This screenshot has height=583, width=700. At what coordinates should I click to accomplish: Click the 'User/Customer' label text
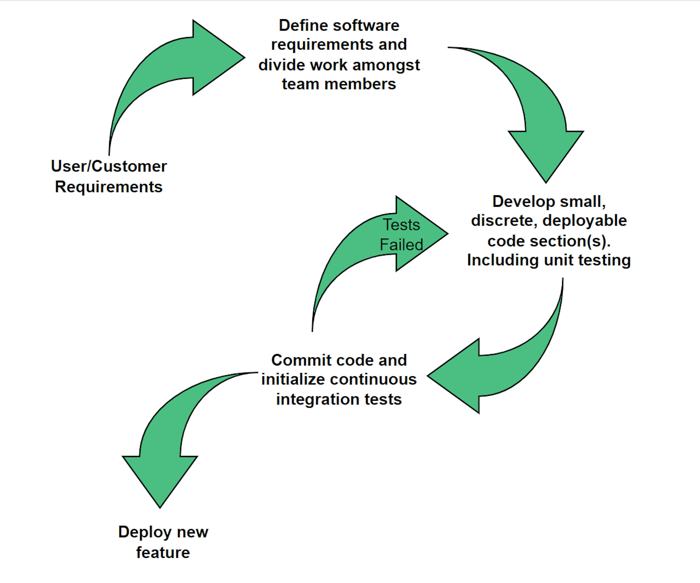point(109,166)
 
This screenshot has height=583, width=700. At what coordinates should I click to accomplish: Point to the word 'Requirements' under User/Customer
point(109,187)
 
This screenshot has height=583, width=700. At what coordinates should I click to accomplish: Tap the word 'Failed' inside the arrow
point(401,245)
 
